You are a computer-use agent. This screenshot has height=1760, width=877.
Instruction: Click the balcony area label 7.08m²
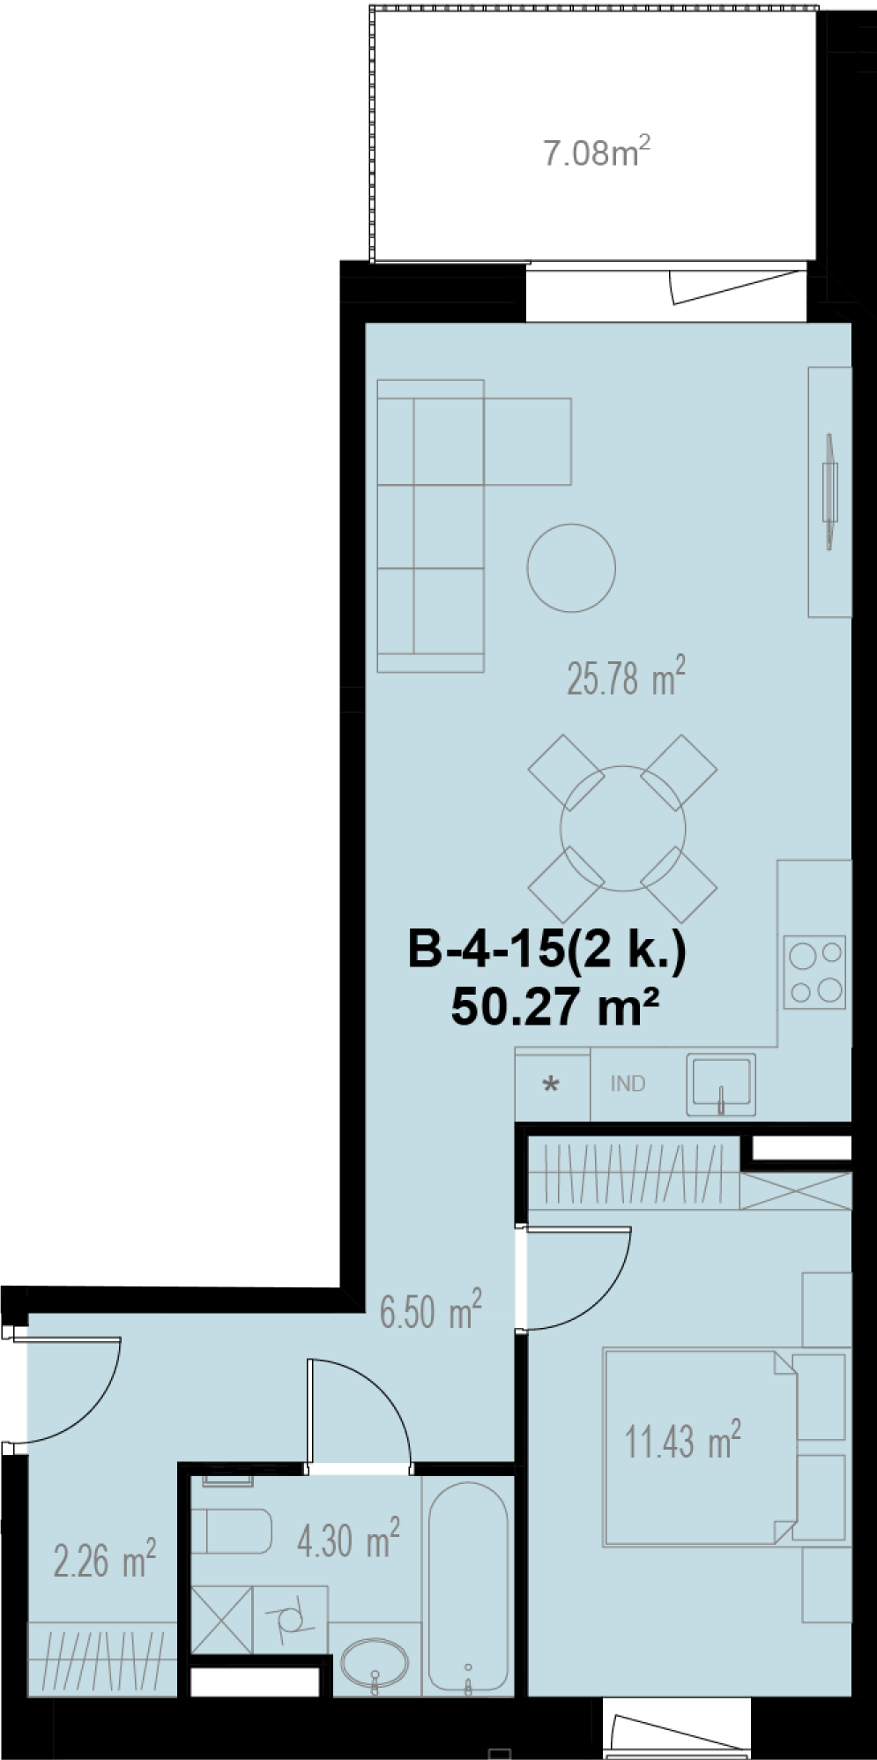pyautogui.click(x=597, y=153)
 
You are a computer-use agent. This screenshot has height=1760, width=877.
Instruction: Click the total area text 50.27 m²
pyautogui.click(x=556, y=1006)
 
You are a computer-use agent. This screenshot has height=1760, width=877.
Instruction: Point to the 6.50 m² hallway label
pyautogui.click(x=431, y=1310)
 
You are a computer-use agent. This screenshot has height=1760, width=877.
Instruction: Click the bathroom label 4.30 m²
pyautogui.click(x=349, y=1540)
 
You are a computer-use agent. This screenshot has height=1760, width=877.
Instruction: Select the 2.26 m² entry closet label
pyautogui.click(x=105, y=1560)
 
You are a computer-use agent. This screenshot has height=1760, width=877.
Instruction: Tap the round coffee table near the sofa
pyautogui.click(x=571, y=568)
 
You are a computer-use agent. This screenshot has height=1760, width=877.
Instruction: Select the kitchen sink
pyautogui.click(x=721, y=1085)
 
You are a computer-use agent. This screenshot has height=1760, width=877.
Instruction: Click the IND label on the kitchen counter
pyautogui.click(x=628, y=1084)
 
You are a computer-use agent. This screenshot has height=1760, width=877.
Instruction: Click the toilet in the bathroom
pyautogui.click(x=231, y=1532)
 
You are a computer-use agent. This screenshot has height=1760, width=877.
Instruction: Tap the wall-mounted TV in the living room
pyautogui.click(x=829, y=492)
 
